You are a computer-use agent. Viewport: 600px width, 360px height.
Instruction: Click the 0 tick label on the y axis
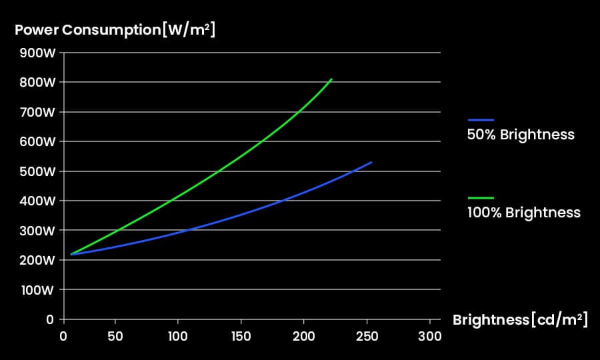pos(50,320)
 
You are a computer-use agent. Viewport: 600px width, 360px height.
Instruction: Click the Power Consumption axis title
pos(115,30)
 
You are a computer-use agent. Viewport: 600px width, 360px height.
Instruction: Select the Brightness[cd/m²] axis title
pos(520,320)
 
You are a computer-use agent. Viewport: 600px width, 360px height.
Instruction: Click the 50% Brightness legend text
pos(521,135)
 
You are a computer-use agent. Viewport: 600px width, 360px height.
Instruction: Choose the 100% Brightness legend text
pos(524,213)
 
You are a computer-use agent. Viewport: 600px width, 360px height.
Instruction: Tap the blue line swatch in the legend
pos(481,119)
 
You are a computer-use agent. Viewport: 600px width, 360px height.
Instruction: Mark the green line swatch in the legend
pos(481,198)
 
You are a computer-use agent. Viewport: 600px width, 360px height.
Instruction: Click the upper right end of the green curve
pos(331,79)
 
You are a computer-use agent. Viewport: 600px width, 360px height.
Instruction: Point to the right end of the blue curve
pos(371,162)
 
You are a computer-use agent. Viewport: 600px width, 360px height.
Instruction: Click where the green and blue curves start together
pos(71,254)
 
